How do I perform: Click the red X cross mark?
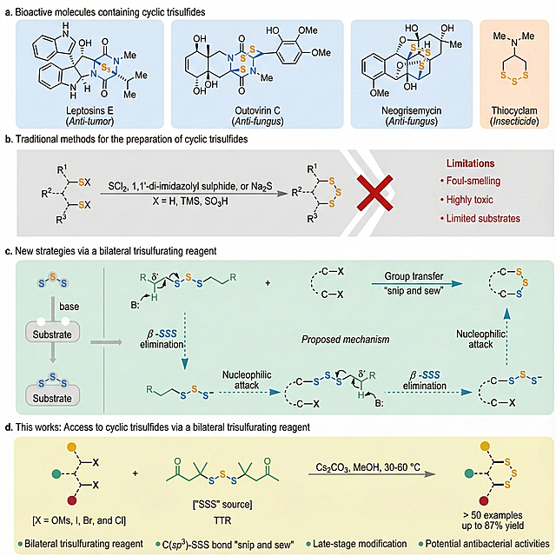tap(374, 193)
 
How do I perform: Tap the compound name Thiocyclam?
tap(514, 110)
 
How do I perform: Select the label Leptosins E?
tap(89, 110)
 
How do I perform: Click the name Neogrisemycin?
tap(411, 110)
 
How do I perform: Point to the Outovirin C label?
tap(257, 110)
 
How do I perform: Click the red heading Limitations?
tap(470, 163)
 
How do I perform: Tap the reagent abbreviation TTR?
tap(222, 520)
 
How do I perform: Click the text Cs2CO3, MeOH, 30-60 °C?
tap(367, 467)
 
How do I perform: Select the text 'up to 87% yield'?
tap(493, 526)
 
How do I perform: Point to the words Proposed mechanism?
tap(346, 340)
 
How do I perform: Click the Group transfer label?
tap(414, 276)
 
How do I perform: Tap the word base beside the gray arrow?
tap(69, 307)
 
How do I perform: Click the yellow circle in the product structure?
tap(485, 446)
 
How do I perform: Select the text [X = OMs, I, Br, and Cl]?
tap(79, 520)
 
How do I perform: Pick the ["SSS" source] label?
tap(222, 504)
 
